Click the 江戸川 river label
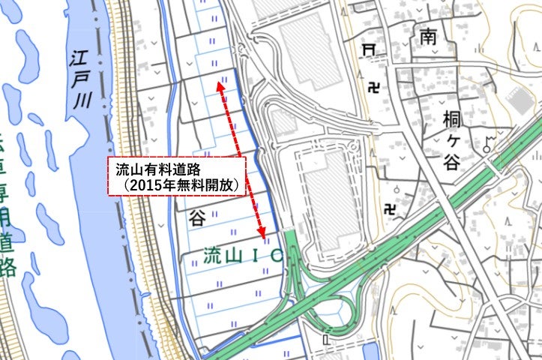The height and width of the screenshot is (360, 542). [x=81, y=80]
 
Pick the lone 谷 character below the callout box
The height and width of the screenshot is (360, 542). [x=197, y=218]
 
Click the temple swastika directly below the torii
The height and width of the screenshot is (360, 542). [x=373, y=88]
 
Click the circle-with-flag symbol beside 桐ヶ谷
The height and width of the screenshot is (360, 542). [x=490, y=140]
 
